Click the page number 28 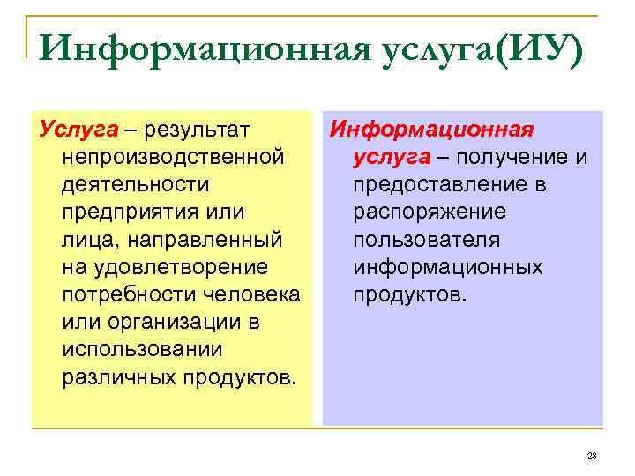click(x=591, y=456)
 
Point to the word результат click(x=195, y=130)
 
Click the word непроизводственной click(x=173, y=158)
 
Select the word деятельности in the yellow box click(x=136, y=185)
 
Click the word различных click(x=120, y=376)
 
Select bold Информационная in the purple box click(x=431, y=130)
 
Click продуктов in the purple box click(x=405, y=294)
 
